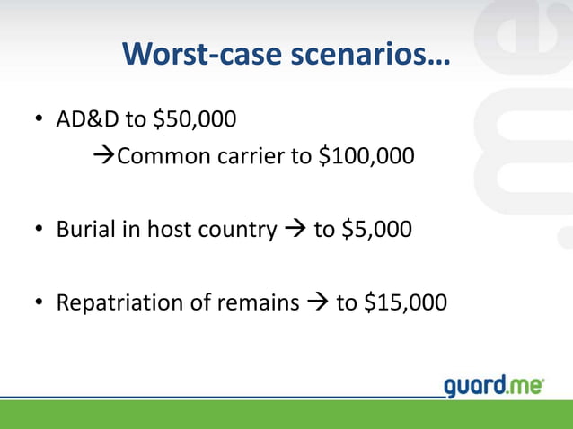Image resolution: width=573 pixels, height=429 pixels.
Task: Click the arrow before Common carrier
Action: (105, 158)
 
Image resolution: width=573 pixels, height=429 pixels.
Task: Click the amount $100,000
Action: (366, 158)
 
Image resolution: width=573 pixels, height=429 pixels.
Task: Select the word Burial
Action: (83, 230)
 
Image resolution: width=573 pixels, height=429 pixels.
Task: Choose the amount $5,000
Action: (375, 230)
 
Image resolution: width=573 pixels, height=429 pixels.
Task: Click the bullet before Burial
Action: (40, 231)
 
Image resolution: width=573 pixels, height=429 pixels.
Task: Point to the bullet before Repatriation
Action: (40, 303)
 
